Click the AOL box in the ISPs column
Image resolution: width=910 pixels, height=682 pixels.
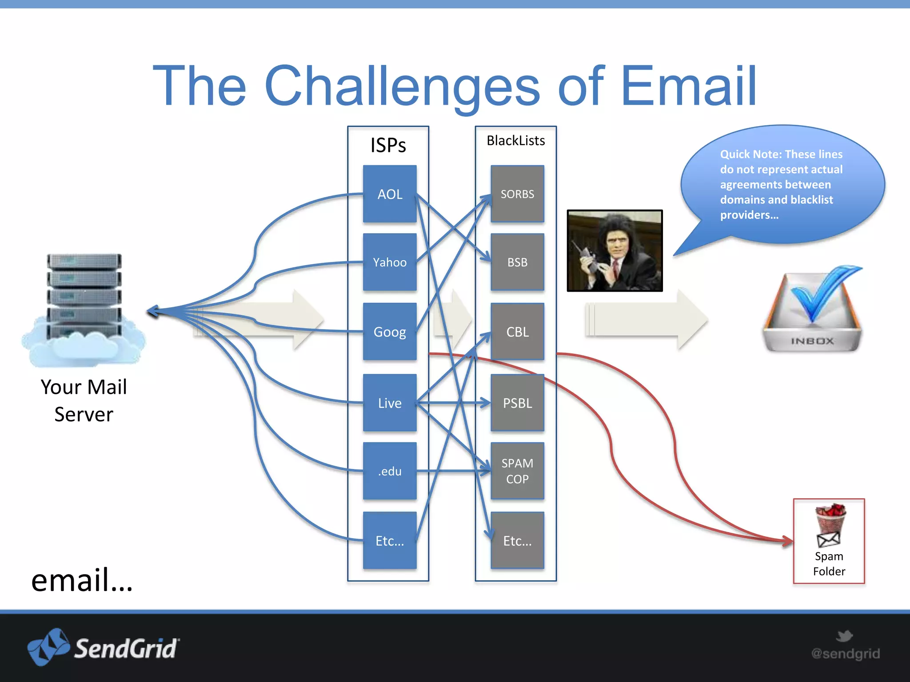tap(390, 194)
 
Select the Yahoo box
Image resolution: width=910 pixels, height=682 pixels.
tap(390, 262)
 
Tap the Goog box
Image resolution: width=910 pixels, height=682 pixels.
tap(390, 332)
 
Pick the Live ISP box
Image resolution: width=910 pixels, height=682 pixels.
tap(390, 403)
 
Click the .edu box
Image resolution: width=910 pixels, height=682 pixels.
tap(390, 471)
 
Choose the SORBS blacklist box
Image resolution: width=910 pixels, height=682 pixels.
tap(517, 194)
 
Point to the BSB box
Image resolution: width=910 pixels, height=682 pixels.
tap(517, 262)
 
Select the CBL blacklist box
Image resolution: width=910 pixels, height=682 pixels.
tap(517, 332)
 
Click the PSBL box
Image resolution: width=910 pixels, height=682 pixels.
tap(517, 403)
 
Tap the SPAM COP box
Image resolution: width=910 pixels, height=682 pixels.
tap(517, 471)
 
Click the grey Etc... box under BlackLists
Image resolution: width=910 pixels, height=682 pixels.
tap(517, 541)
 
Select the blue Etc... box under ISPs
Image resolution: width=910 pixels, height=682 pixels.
tap(390, 541)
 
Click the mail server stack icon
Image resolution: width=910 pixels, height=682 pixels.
tap(84, 297)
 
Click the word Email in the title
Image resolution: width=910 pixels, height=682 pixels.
tap(689, 87)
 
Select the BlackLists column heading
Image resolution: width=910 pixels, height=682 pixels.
tap(515, 141)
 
